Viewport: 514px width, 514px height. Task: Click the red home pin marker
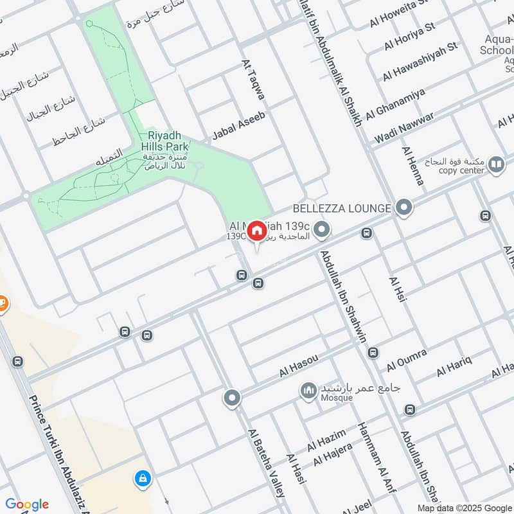click(256, 231)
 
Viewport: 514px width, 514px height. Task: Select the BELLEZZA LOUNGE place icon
click(403, 207)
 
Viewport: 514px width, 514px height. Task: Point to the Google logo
click(27, 504)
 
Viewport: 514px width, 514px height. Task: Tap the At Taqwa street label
click(253, 79)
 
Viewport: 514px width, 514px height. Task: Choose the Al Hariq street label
click(454, 367)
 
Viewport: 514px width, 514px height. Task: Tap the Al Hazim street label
click(326, 440)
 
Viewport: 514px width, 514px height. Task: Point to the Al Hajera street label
click(333, 455)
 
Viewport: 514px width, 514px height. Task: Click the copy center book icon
click(496, 166)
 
